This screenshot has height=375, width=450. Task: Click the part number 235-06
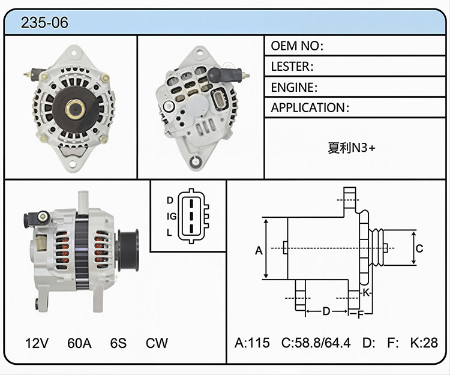44,22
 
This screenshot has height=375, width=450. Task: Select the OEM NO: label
297,46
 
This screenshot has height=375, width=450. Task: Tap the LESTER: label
292,67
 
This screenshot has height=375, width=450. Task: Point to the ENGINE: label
294,88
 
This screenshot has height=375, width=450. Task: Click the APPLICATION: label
310,108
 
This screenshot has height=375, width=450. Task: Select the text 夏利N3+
352,148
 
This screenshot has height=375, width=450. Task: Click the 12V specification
37,343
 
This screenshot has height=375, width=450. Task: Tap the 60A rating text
79,343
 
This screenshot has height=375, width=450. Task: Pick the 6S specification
118,343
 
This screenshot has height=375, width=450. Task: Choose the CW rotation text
157,343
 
